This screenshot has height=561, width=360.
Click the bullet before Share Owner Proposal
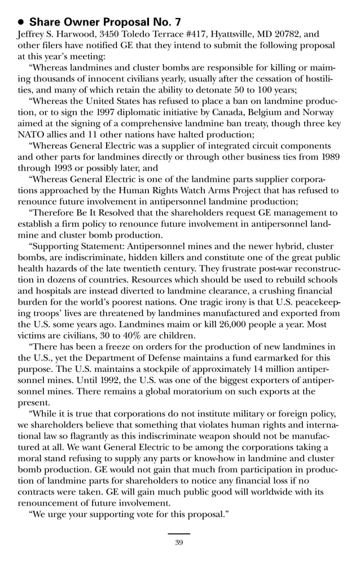click(x=21, y=22)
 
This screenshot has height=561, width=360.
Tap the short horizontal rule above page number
click(x=179, y=533)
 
